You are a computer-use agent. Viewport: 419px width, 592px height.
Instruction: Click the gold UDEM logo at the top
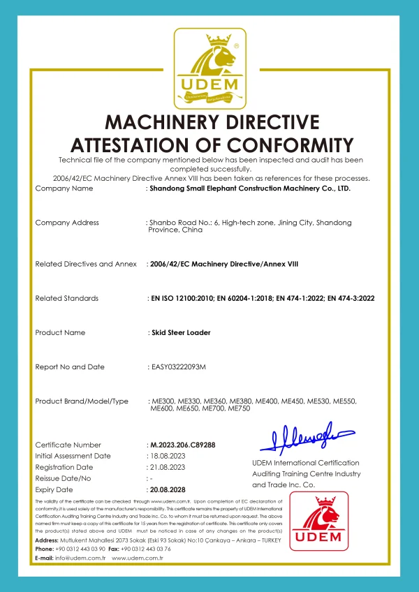(x=209, y=68)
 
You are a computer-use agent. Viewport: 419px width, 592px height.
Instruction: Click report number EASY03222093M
(x=178, y=367)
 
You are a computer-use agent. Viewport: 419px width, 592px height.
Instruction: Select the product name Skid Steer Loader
(x=179, y=333)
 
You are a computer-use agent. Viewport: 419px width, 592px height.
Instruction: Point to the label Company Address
(x=67, y=223)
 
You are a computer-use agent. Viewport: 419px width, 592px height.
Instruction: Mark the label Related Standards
(x=66, y=299)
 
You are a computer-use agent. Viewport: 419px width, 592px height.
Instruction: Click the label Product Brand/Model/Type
(x=82, y=401)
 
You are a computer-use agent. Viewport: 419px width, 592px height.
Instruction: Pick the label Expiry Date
(x=54, y=489)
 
